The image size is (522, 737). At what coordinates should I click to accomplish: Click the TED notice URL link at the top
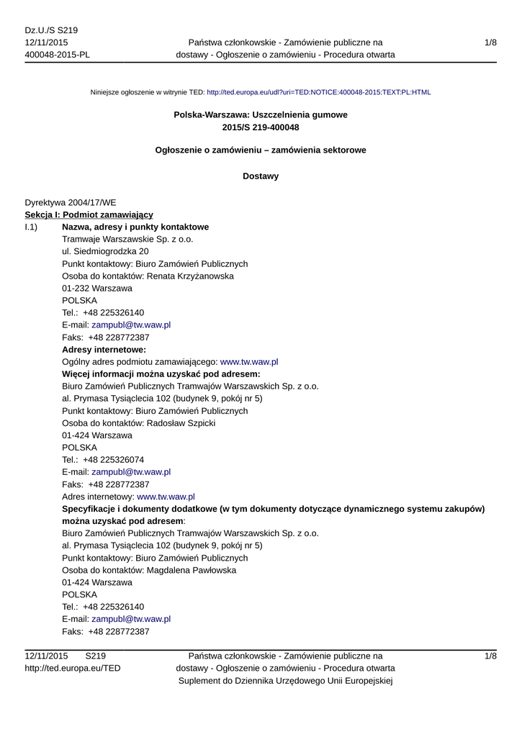pyautogui.click(x=318, y=93)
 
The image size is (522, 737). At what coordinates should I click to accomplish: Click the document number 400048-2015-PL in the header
pyautogui.click(x=58, y=55)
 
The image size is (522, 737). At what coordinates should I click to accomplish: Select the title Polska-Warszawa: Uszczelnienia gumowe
pyautogui.click(x=261, y=115)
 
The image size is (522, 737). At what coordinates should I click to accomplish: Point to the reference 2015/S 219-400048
pyautogui.click(x=261, y=127)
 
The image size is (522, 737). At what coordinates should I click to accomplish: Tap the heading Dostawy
pyautogui.click(x=261, y=176)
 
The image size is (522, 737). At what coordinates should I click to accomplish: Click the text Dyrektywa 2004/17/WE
pyautogui.click(x=71, y=202)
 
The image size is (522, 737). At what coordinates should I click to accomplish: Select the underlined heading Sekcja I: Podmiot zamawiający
pyautogui.click(x=89, y=214)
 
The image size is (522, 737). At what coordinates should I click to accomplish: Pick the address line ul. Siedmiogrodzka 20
pyautogui.click(x=106, y=251)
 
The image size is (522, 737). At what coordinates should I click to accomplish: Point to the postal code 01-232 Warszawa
pyautogui.click(x=97, y=288)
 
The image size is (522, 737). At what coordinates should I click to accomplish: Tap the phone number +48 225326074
pyautogui.click(x=113, y=460)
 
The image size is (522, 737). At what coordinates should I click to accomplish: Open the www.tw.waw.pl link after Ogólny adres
pyautogui.click(x=248, y=362)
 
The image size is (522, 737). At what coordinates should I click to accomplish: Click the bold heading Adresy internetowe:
pyautogui.click(x=104, y=350)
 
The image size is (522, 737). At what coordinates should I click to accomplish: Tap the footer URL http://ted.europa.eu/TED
pyautogui.click(x=73, y=669)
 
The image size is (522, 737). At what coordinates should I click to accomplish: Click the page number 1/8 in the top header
pyautogui.click(x=490, y=43)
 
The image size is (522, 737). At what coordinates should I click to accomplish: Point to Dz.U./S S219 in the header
pyautogui.click(x=51, y=31)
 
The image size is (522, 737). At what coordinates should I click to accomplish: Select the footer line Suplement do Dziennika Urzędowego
pyautogui.click(x=286, y=681)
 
